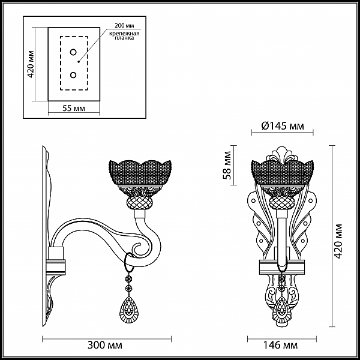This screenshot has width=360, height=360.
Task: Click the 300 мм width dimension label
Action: (x=105, y=345)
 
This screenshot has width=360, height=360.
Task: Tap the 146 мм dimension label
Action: (x=280, y=345)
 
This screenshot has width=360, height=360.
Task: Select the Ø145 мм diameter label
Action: (x=283, y=126)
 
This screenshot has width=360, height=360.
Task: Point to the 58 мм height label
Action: (x=227, y=165)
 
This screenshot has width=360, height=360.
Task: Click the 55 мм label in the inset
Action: (x=74, y=108)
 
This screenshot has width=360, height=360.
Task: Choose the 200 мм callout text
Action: (x=124, y=25)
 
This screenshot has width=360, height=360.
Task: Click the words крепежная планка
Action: (x=124, y=35)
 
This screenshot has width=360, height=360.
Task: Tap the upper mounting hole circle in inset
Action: (x=73, y=52)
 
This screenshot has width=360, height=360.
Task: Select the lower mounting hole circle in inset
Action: (x=73, y=75)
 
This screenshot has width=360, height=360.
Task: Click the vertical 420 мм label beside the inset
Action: (x=31, y=64)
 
